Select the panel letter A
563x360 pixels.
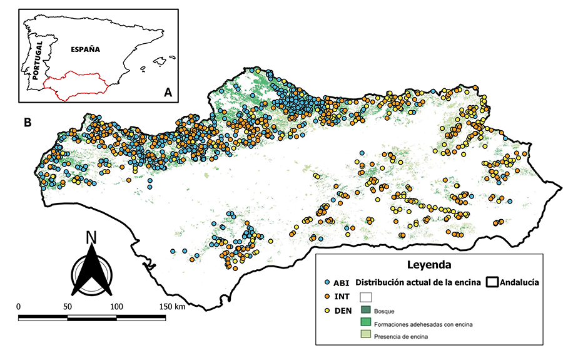168,92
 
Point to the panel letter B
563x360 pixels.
28,123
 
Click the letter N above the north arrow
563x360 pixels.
91,237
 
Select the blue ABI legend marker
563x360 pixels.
328,282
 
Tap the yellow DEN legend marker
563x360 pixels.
328,310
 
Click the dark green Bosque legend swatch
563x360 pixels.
366,310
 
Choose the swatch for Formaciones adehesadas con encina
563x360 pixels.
366,323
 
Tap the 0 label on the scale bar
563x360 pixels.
18,306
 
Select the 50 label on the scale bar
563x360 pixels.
67,306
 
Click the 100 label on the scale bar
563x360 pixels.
116,306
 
